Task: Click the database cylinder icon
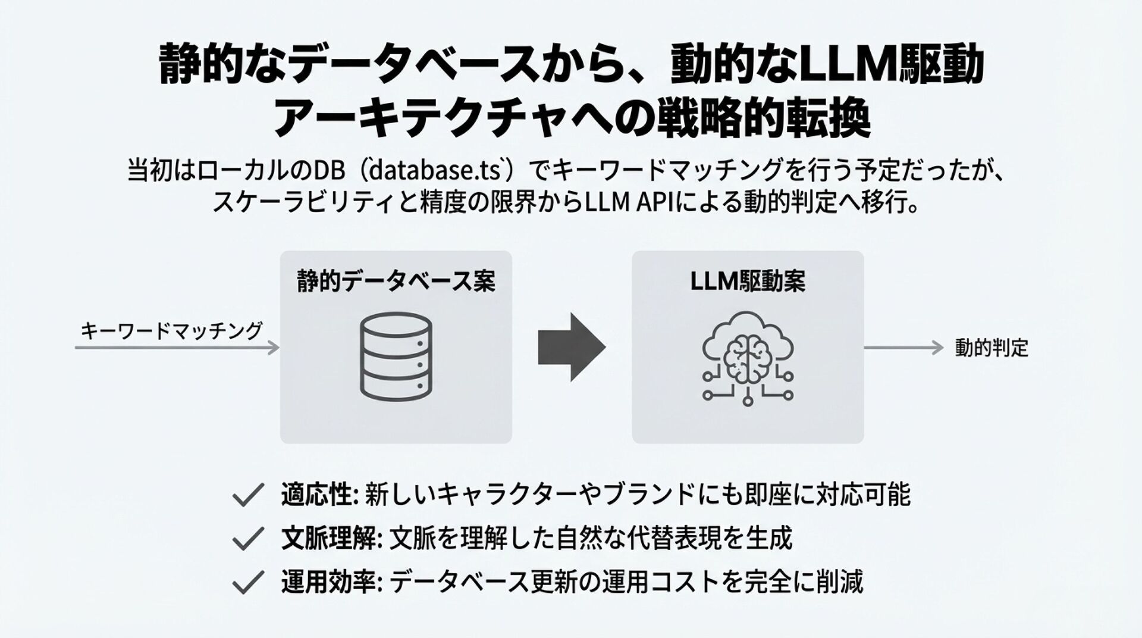[x=396, y=356]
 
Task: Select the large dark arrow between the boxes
[x=572, y=347]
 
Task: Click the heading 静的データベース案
[x=396, y=281]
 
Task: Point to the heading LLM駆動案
[x=748, y=281]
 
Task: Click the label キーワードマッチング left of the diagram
[x=171, y=330]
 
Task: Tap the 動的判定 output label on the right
[x=992, y=348]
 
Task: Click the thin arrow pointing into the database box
[x=177, y=348]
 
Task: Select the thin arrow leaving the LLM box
[x=903, y=348]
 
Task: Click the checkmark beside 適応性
[x=247, y=495]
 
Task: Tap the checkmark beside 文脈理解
[x=247, y=539]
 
